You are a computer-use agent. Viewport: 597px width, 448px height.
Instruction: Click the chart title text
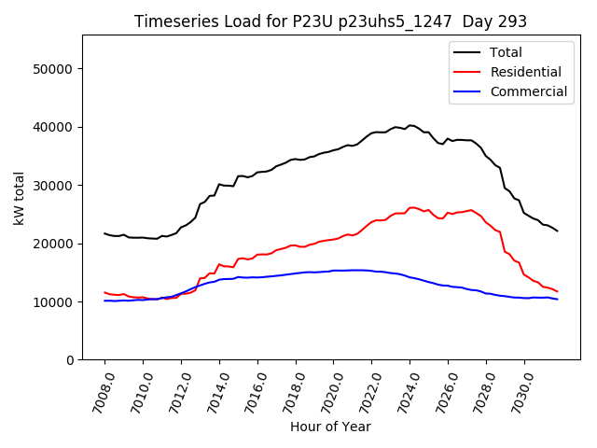point(330,21)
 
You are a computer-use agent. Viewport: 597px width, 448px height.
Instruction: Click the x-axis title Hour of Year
point(330,427)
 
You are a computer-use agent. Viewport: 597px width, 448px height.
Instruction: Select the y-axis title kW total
point(19,197)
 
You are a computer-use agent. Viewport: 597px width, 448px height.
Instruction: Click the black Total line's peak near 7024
point(410,125)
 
